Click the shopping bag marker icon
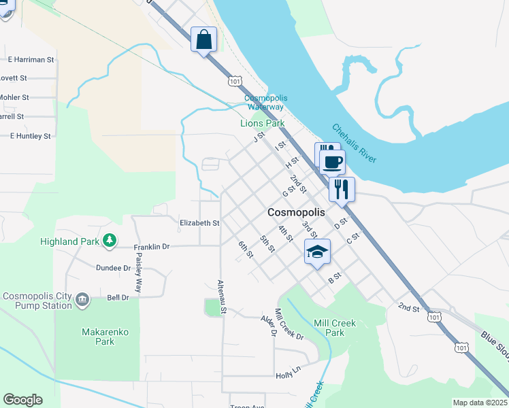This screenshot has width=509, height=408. pos(204,39)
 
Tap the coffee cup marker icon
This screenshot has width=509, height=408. pos(332,163)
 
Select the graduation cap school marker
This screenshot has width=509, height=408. pos(317,252)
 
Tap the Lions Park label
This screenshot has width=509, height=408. pos(262,124)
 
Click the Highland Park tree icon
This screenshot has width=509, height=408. pos(109,241)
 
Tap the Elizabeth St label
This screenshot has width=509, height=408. pos(199,222)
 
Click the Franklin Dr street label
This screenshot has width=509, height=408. pos(151,247)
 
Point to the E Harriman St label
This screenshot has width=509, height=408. pos(31,60)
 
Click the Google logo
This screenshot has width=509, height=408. pos(22,400)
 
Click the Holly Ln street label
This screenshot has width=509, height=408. pos(288,373)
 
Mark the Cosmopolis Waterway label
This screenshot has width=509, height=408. pos(264,103)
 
